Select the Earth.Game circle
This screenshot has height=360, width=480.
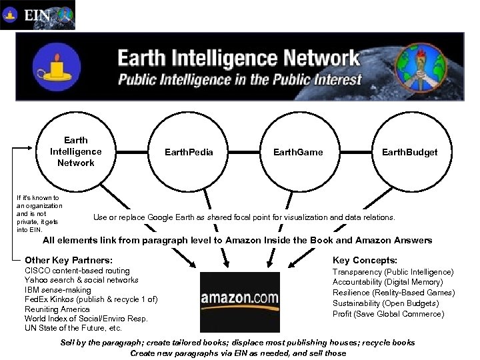pos(297,152)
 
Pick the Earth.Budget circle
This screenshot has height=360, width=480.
pos(409,152)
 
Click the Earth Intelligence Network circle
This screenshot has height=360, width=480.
pos(76,152)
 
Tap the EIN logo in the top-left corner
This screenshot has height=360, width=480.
pos(38,15)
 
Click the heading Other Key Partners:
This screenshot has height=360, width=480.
pos(68,260)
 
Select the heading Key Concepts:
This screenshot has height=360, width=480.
pos(365,260)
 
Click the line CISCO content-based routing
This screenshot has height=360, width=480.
pos(77,271)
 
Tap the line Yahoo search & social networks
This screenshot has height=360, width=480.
pos(81,280)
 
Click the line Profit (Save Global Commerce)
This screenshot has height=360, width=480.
pos(388,313)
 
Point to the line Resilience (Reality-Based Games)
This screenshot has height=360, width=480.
pos(393,293)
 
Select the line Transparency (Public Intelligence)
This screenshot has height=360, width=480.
pos(393,272)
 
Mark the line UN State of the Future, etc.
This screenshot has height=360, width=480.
pos(73,328)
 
